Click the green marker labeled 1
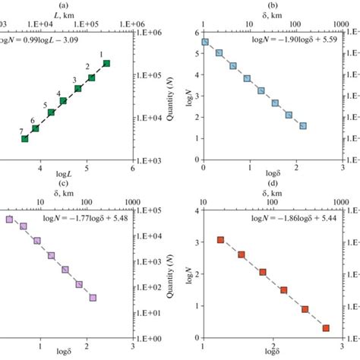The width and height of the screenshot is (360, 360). [x=107, y=63]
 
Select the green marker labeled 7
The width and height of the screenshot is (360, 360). [x=25, y=139]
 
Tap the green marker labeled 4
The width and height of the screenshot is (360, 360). [x=63, y=101]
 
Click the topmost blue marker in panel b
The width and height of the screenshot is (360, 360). [x=204, y=43]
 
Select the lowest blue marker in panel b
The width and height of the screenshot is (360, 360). [x=303, y=125]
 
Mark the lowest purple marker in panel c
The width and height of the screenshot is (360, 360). [x=93, y=298]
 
